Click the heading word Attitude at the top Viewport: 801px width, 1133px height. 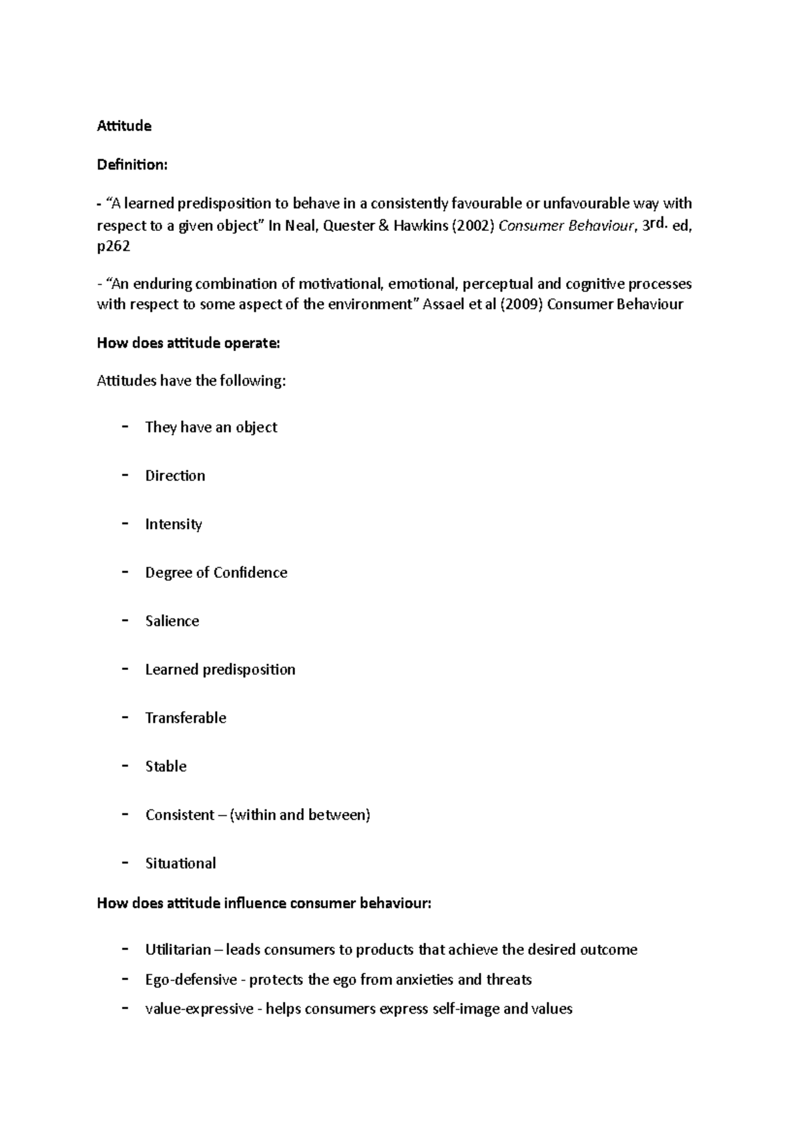[124, 126]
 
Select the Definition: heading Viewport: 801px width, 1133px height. [132, 165]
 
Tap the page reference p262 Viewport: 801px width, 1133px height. [113, 246]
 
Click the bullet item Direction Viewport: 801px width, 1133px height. [175, 476]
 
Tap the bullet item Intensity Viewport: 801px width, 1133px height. [174, 524]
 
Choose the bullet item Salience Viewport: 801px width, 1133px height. [172, 621]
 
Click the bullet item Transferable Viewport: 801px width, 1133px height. [186, 718]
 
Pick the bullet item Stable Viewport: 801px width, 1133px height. [166, 767]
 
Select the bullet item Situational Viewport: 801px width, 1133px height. [180, 863]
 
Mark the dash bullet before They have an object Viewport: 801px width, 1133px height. [125, 427]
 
